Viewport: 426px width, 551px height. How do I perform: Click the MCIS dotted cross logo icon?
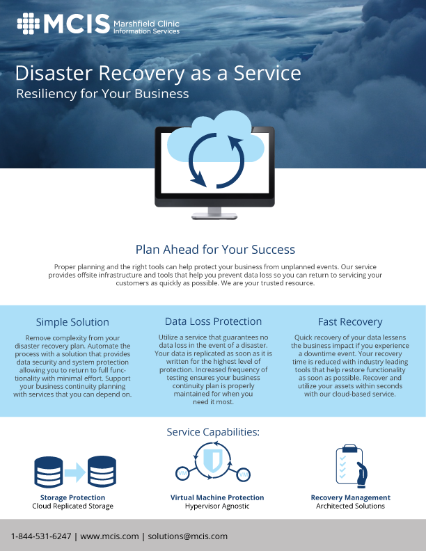(29, 24)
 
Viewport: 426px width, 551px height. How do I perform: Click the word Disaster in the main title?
(54, 73)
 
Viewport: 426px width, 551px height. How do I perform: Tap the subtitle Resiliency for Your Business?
(102, 94)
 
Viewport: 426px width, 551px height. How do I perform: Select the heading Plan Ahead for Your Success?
(215, 250)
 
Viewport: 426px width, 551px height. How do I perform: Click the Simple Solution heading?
(72, 322)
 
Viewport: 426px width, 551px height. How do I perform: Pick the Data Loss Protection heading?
(214, 321)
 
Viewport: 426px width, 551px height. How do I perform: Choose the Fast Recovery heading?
(350, 322)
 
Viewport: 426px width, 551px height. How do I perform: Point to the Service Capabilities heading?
(213, 432)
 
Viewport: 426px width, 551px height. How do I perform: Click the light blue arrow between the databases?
(75, 472)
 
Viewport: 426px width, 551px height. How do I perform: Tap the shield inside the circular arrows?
(212, 461)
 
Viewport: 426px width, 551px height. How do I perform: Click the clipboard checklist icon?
(351, 465)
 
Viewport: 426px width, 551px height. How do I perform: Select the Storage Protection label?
(72, 497)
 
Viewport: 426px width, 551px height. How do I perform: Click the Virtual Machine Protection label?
(217, 497)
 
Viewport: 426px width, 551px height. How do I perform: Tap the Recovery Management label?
(350, 497)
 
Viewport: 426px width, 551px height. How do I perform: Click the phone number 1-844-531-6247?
(41, 536)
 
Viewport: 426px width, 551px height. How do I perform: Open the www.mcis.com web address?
(109, 536)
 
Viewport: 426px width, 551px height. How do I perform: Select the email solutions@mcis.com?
(188, 536)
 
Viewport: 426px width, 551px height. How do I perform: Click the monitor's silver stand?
(214, 214)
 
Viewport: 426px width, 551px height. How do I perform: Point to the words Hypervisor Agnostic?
(217, 506)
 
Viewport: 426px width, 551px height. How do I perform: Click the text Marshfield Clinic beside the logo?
(146, 24)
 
